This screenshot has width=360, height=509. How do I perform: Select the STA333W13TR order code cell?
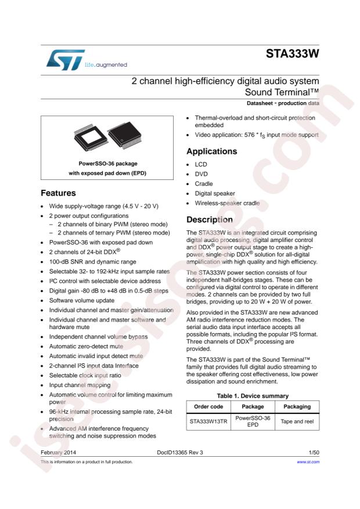[208, 421]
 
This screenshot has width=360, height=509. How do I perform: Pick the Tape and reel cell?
[297, 421]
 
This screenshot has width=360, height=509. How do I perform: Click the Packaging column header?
[297, 407]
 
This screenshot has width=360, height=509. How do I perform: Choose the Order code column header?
[208, 407]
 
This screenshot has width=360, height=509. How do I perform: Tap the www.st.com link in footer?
[308, 462]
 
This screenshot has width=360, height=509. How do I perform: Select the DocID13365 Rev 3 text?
[180, 451]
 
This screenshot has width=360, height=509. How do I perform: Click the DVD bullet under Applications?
[200, 174]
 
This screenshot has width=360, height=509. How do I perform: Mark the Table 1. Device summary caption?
[251, 396]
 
